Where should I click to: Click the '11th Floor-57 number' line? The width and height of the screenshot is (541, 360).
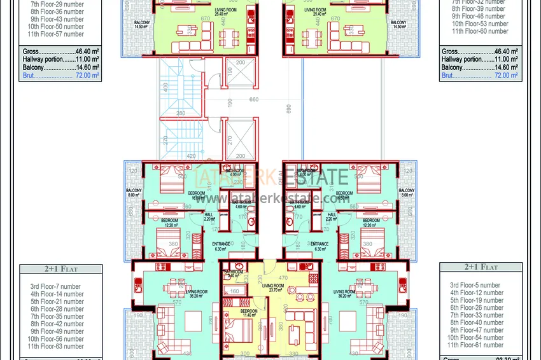coord(55,34)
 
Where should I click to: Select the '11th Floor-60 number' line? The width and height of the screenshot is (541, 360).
coord(480,31)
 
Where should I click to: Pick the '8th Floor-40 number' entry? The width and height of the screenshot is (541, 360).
coord(476,323)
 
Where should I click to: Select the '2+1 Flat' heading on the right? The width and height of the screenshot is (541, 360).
coord(481,267)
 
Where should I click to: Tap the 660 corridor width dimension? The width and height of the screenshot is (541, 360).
coord(253,99)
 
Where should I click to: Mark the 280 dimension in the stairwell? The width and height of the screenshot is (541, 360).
coord(181,114)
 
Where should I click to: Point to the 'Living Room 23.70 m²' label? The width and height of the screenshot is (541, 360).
coord(273,289)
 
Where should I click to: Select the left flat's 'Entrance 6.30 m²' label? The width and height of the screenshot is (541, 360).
coord(221,247)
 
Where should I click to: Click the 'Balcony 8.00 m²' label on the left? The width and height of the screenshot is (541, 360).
coord(134,193)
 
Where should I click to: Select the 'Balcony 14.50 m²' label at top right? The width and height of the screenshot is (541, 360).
coord(399,25)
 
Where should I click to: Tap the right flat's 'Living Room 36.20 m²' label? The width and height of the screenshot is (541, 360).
coord(345,294)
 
